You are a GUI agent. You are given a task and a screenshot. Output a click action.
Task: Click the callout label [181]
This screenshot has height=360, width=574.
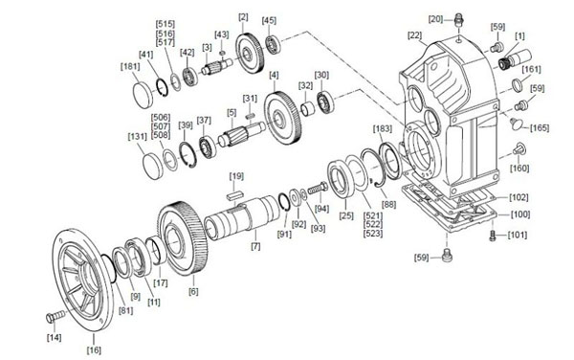point(130,67)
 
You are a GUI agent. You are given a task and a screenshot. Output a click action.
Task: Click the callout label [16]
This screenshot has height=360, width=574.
point(94,349)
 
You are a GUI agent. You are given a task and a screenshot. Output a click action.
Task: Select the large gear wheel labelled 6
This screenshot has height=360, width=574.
point(183,238)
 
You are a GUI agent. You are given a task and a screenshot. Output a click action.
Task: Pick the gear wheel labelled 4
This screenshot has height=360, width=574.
point(283,117)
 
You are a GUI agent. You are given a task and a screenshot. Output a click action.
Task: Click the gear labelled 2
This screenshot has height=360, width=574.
point(250,54)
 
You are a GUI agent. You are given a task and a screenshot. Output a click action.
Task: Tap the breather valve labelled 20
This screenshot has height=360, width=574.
point(457,19)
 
